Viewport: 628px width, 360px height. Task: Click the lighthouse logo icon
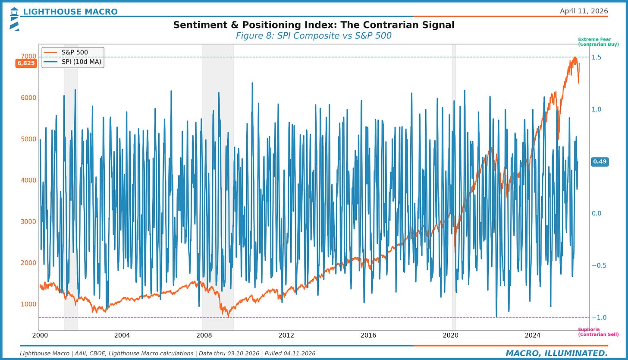click(x=14, y=19)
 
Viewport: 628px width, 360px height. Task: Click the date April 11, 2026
click(x=584, y=11)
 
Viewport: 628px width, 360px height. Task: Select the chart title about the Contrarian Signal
click(x=314, y=25)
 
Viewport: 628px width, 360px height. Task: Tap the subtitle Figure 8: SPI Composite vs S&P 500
click(x=314, y=36)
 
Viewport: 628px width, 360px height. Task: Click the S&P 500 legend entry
click(x=75, y=52)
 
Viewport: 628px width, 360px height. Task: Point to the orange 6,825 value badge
click(x=26, y=63)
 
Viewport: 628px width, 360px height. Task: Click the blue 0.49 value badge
click(x=600, y=162)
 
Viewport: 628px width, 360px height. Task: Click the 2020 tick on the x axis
click(x=450, y=335)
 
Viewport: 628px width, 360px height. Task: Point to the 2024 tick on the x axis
click(x=532, y=335)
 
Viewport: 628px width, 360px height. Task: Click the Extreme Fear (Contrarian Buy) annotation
click(x=598, y=42)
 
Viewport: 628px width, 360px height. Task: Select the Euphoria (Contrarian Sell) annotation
click(x=598, y=332)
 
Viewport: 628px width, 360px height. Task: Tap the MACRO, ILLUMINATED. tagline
click(x=556, y=354)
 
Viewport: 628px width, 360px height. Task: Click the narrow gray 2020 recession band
click(x=454, y=173)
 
